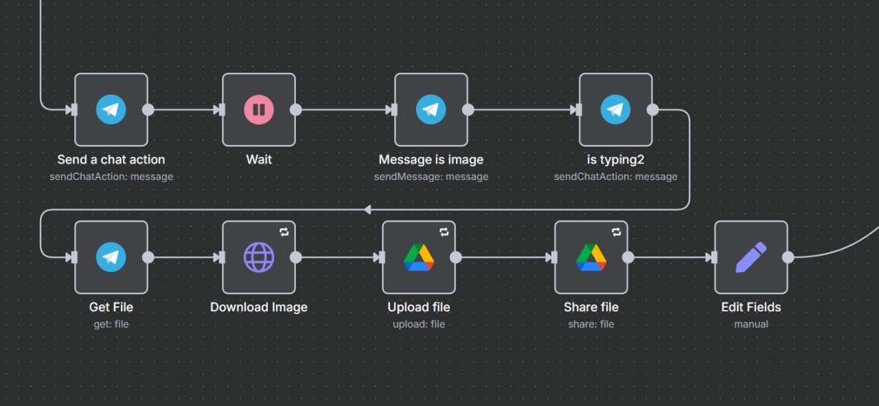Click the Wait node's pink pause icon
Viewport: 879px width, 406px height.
pos(259,109)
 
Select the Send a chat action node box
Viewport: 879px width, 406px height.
pos(111,109)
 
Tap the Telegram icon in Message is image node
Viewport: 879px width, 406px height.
pos(431,109)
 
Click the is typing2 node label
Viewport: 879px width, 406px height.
pos(615,159)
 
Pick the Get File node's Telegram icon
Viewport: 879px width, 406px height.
pos(111,257)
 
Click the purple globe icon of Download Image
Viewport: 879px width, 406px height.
pos(259,257)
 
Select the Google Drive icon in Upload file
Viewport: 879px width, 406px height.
pos(419,257)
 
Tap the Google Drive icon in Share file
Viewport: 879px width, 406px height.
pos(591,257)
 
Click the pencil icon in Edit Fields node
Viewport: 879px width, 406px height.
pos(751,257)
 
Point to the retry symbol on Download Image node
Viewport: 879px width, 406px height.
pos(284,232)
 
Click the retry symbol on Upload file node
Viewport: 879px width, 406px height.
pos(444,232)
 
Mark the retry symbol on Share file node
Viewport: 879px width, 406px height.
pos(617,232)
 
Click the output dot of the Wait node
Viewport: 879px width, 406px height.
pos(296,109)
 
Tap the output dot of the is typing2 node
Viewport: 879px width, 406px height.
pos(653,109)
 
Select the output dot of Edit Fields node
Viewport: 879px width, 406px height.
pos(788,257)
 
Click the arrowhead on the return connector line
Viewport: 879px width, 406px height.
pos(367,210)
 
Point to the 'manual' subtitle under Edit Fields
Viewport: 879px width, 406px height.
pos(751,324)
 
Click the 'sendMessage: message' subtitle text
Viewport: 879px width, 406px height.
pos(431,177)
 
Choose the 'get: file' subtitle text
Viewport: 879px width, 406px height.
pos(111,324)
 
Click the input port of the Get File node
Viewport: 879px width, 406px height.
pos(72,257)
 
